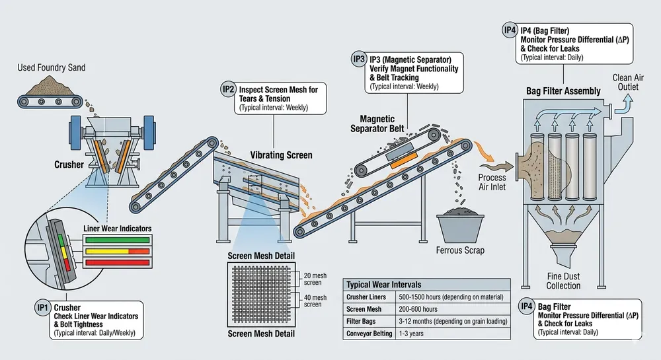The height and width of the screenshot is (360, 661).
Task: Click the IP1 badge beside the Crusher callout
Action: (43, 307)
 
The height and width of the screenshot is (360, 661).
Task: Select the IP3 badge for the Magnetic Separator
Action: (359, 59)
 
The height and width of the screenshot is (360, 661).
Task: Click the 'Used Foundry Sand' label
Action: (52, 67)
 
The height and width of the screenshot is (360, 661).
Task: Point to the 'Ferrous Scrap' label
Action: (460, 250)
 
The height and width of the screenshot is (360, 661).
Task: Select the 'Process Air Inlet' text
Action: (492, 182)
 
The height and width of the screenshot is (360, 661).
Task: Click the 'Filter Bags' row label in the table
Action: (362, 321)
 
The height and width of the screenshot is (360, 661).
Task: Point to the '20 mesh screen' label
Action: (313, 277)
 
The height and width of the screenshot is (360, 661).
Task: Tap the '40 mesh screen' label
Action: (313, 301)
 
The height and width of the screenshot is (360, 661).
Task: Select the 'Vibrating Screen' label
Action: (281, 155)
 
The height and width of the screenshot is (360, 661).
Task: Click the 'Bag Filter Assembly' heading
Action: (563, 90)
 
